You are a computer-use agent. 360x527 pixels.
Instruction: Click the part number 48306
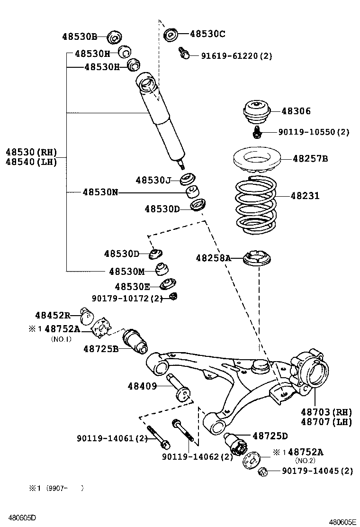(x=296, y=111)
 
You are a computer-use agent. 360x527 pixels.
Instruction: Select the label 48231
(x=305, y=196)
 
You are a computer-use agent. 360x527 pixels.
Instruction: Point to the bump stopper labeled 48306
(x=257, y=112)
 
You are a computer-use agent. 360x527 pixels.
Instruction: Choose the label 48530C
(x=207, y=34)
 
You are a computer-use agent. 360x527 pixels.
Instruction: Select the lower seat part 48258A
(x=257, y=259)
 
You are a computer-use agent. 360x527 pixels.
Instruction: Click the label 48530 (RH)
(x=31, y=152)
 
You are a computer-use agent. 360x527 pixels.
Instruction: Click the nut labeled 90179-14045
(x=263, y=472)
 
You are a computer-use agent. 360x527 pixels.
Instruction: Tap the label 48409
(x=143, y=386)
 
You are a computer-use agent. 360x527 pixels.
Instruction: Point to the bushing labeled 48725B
(x=135, y=341)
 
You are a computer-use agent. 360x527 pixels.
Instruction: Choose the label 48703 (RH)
(x=326, y=412)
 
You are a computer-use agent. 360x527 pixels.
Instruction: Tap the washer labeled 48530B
(x=114, y=37)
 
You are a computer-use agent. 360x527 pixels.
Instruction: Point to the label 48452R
(x=53, y=315)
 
